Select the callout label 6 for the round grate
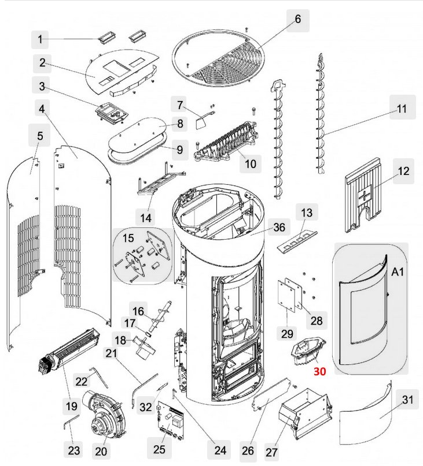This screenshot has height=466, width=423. pyautogui.click(x=297, y=20)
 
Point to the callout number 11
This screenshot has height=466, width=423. pyautogui.click(x=402, y=108)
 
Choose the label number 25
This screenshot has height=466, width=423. pyautogui.click(x=159, y=449)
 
